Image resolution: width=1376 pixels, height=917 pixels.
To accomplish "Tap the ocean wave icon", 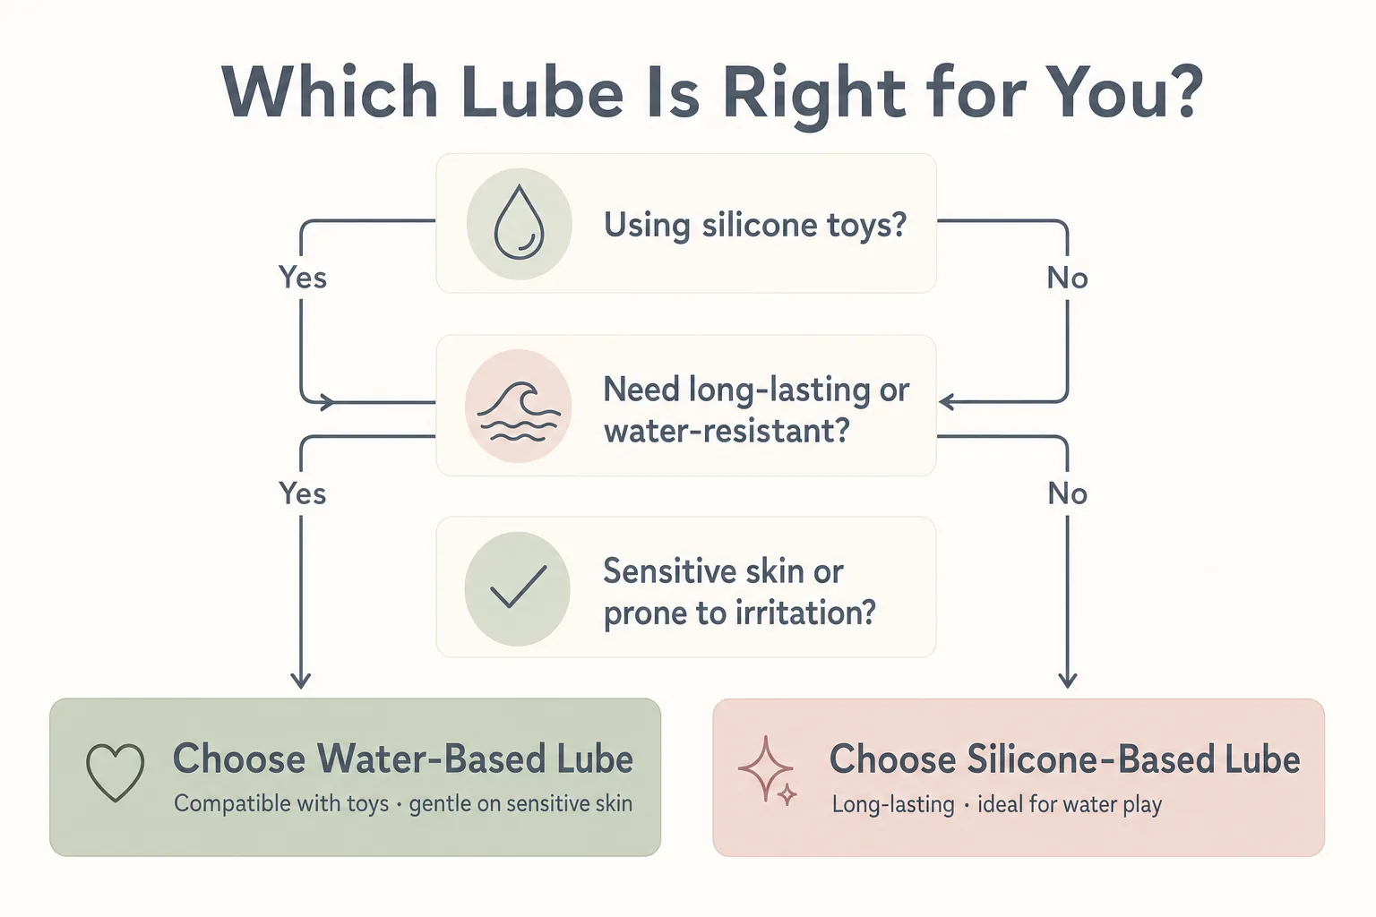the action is (519, 412).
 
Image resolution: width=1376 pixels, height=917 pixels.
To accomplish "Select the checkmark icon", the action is (518, 587).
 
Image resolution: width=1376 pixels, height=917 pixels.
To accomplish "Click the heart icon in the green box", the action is (115, 772).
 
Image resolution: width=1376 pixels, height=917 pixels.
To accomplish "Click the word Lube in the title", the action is (542, 91).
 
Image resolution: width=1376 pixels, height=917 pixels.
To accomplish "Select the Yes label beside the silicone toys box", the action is (302, 277).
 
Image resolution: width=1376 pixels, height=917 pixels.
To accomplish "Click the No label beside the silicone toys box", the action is (1068, 278).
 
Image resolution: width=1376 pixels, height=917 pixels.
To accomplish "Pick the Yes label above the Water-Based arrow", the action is (302, 493).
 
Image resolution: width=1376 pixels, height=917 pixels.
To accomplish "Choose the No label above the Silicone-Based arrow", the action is (1068, 493).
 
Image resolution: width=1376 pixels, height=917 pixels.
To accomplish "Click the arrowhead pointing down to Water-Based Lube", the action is (300, 681).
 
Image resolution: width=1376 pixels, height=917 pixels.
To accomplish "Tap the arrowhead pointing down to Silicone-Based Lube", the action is (1068, 681).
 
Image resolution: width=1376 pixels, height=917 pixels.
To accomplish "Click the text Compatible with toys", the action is (281, 804).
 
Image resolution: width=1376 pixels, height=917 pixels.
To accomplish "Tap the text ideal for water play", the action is (1070, 805).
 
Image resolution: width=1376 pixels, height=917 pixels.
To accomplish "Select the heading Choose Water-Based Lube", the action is (403, 758).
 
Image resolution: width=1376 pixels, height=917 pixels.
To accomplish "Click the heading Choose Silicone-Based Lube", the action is (1064, 759).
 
